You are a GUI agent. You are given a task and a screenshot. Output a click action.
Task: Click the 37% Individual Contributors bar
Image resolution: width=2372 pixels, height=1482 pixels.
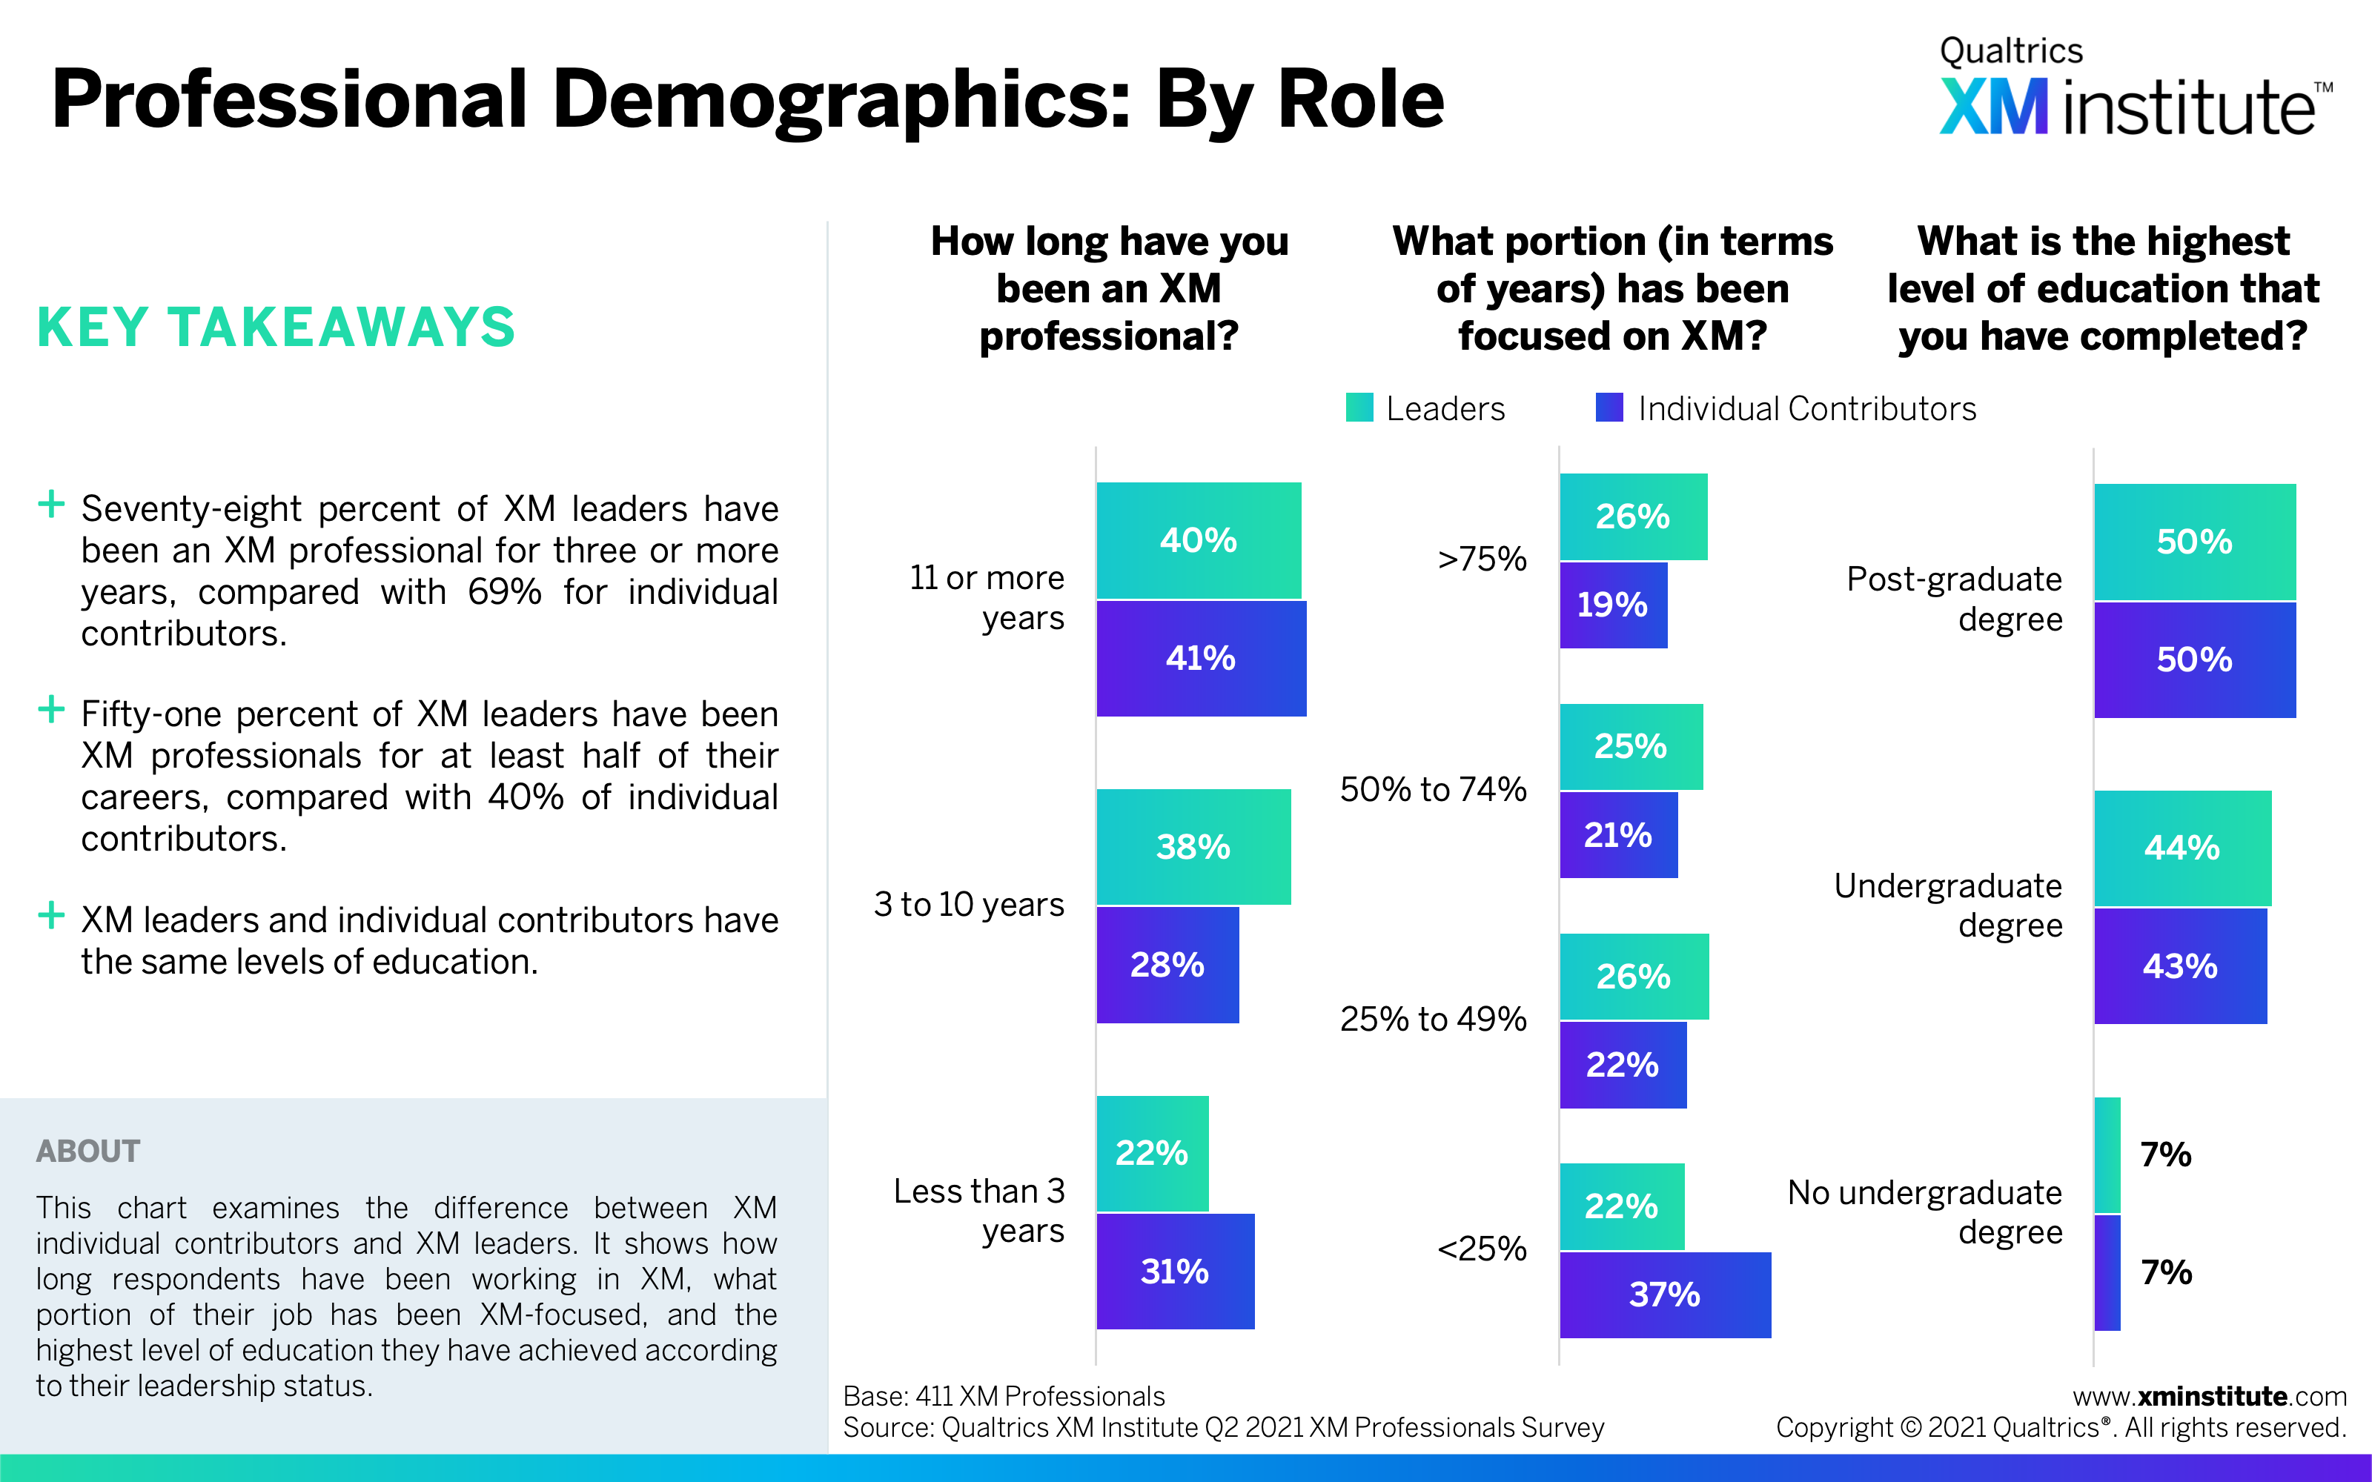[1664, 1295]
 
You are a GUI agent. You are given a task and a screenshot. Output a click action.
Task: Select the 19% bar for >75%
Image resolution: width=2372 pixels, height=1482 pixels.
[1612, 605]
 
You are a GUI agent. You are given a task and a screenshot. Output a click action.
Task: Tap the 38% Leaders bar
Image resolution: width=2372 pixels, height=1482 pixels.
[1193, 847]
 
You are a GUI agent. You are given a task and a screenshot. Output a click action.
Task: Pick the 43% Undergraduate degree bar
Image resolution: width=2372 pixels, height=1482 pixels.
[2180, 966]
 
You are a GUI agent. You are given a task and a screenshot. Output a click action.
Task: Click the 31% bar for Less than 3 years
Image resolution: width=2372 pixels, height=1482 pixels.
[1174, 1272]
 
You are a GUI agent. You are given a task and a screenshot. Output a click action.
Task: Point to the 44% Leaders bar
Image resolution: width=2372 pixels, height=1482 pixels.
[2181, 848]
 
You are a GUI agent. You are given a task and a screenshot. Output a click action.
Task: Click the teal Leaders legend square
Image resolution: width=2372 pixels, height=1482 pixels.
[1359, 408]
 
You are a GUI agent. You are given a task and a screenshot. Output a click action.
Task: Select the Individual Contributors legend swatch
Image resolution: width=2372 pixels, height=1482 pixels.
[1609, 408]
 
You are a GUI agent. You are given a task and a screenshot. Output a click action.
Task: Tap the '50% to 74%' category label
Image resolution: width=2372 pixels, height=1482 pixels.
[1432, 789]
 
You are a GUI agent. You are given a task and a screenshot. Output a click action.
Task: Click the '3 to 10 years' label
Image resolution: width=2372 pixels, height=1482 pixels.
[968, 904]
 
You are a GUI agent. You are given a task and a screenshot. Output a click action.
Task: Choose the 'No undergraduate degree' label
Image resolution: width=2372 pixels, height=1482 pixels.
[1925, 1212]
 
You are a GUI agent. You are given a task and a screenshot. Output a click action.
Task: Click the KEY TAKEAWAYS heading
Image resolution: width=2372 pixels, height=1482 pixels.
[276, 328]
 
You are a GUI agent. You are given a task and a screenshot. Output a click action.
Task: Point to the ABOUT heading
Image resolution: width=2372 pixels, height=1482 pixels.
[88, 1151]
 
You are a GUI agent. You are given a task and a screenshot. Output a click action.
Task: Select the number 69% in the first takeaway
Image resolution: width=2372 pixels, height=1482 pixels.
[504, 592]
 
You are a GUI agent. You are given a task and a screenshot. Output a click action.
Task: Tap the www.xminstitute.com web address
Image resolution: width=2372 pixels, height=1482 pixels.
[2209, 1396]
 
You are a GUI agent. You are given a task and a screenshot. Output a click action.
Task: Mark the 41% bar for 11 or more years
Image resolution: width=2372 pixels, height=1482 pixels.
[1201, 659]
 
